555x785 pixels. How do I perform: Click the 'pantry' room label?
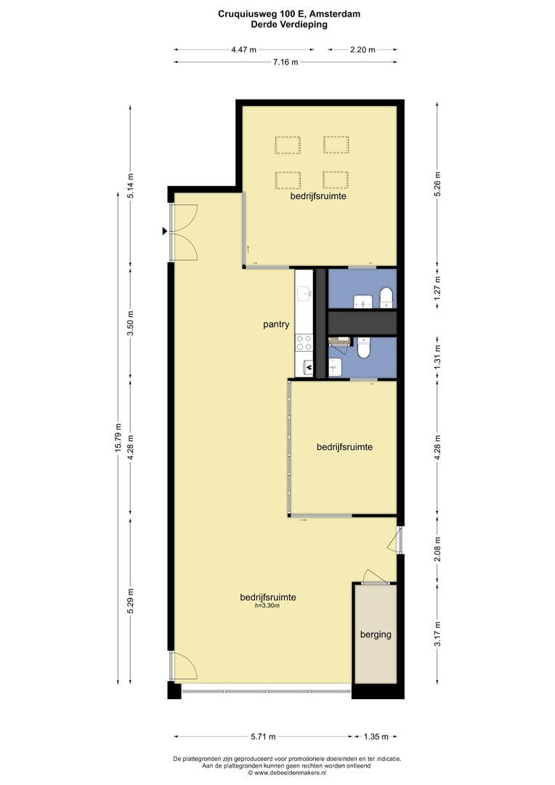pyautogui.click(x=276, y=324)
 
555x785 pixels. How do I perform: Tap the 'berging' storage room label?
pyautogui.click(x=376, y=635)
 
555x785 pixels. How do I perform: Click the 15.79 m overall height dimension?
pyautogui.click(x=118, y=438)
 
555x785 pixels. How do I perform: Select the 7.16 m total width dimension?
pyautogui.click(x=285, y=62)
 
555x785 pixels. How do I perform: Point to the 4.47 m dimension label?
pyautogui.click(x=243, y=49)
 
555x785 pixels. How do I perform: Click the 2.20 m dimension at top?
pyautogui.click(x=362, y=49)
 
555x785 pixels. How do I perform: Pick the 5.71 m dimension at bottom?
pyautogui.click(x=263, y=736)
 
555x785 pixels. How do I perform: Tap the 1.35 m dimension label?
pyautogui.click(x=376, y=736)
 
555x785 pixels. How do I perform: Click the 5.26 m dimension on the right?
pyautogui.click(x=437, y=184)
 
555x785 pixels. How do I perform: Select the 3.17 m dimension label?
pyautogui.click(x=437, y=634)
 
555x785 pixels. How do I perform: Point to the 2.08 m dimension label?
pyautogui.click(x=437, y=549)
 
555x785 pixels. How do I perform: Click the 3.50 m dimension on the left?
pyautogui.click(x=131, y=323)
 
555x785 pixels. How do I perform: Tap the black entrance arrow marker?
pyautogui.click(x=165, y=231)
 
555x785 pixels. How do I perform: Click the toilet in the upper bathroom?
pyautogui.click(x=387, y=297)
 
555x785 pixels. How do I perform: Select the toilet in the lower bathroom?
pyautogui.click(x=363, y=347)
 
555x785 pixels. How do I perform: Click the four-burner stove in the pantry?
pyautogui.click(x=304, y=343)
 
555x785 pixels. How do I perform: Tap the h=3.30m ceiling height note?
pyautogui.click(x=267, y=605)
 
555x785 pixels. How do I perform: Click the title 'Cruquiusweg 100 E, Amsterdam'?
pyautogui.click(x=289, y=14)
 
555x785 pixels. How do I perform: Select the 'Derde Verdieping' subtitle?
pyautogui.click(x=289, y=24)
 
